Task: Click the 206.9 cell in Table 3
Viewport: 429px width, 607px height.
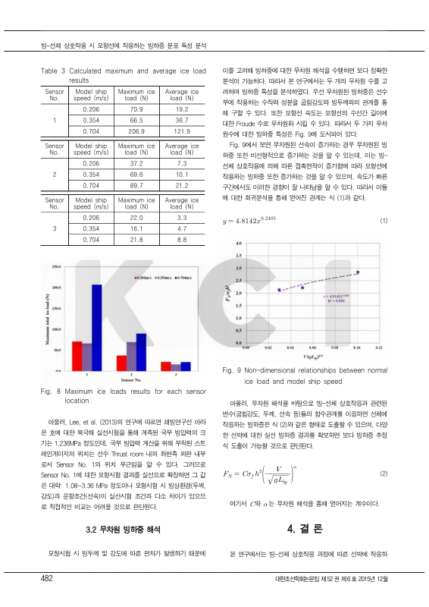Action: (x=137, y=131)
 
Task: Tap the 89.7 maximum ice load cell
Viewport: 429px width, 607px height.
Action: (x=137, y=184)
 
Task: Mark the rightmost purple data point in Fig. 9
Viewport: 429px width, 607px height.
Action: (x=357, y=272)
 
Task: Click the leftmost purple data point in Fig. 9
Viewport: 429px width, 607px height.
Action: (x=280, y=290)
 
